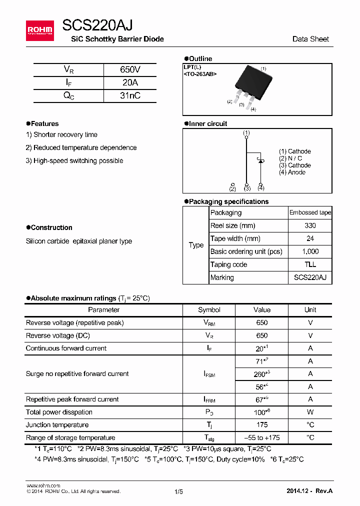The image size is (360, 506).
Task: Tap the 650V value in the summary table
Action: tap(130, 69)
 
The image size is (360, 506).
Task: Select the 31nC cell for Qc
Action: tap(130, 95)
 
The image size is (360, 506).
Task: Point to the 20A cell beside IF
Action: tap(130, 82)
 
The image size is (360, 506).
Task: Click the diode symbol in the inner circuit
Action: tap(260, 163)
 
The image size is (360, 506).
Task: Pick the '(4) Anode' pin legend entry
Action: tap(292, 172)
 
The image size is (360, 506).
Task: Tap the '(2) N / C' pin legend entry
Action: tap(290, 158)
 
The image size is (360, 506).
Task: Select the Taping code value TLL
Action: tap(310, 264)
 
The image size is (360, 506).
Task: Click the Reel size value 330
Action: tap(310, 225)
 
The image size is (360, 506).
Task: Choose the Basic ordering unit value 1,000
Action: tap(310, 251)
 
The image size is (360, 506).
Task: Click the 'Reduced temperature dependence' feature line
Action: tap(81, 147)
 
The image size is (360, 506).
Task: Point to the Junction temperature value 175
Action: tap(261, 425)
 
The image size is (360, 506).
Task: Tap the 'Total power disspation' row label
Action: tap(59, 412)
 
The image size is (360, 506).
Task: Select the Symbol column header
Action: tap(209, 310)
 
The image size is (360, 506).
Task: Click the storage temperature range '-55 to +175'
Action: tap(261, 437)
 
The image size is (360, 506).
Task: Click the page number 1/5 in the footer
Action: tap(178, 491)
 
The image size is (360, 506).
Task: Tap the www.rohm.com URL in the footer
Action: tap(43, 485)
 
